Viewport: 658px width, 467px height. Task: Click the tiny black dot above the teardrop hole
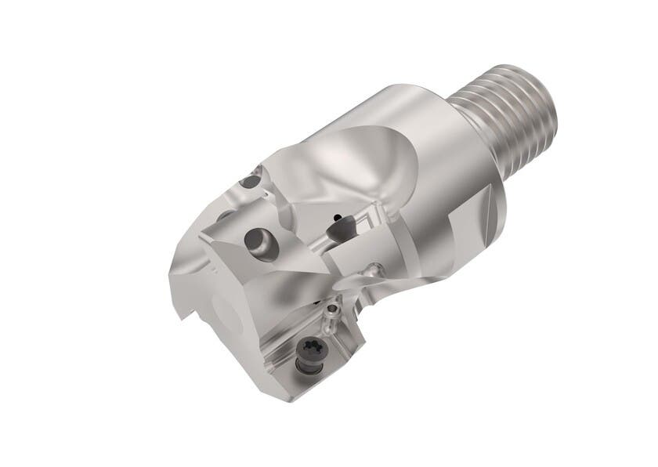pyautogui.click(x=334, y=212)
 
